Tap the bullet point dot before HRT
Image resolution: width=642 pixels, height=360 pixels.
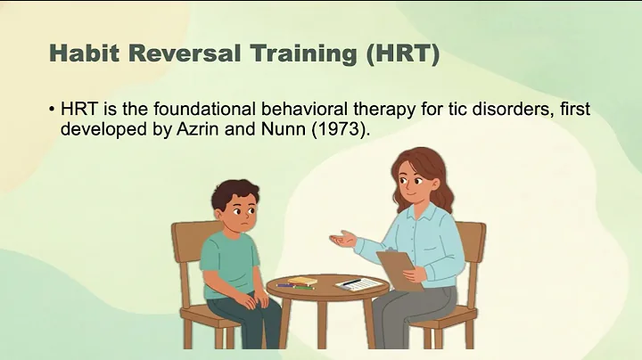tap(53, 109)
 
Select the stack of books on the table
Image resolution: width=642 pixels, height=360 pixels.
tap(301, 282)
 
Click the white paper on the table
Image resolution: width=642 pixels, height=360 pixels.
tap(360, 284)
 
